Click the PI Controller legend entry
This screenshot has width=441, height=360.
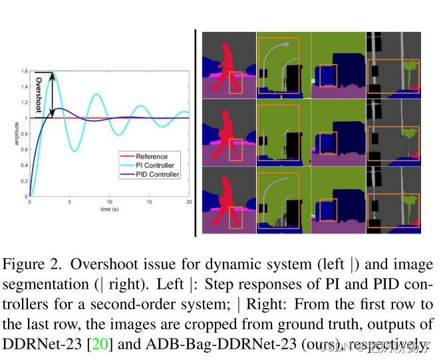point(154,166)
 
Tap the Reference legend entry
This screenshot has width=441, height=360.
point(151,157)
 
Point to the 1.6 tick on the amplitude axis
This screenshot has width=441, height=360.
point(25,71)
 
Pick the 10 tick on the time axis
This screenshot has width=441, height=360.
point(110,202)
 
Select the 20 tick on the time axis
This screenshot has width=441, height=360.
point(189,202)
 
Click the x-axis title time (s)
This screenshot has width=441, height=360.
point(110,209)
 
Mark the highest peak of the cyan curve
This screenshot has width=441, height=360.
point(54,73)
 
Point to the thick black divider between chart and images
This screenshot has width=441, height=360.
point(195,133)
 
